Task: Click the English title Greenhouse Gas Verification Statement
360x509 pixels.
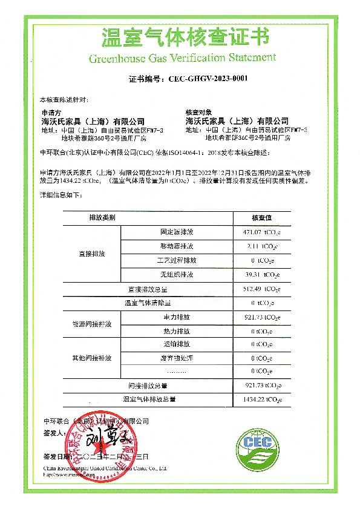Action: [x=182, y=58]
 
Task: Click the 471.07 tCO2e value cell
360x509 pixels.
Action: [x=261, y=232]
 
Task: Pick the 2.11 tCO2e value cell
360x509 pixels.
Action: [x=261, y=246]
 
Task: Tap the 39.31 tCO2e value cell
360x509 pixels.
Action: [x=261, y=274]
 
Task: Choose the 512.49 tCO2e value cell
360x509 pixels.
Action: [x=261, y=289]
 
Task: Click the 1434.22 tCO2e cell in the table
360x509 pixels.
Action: [x=261, y=399]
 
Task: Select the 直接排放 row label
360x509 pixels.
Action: [x=92, y=254]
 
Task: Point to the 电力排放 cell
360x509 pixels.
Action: [x=177, y=317]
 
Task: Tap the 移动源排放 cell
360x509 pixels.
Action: [x=177, y=246]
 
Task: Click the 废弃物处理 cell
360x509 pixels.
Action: [x=177, y=358]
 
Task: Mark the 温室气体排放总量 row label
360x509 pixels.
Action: [x=149, y=399]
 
